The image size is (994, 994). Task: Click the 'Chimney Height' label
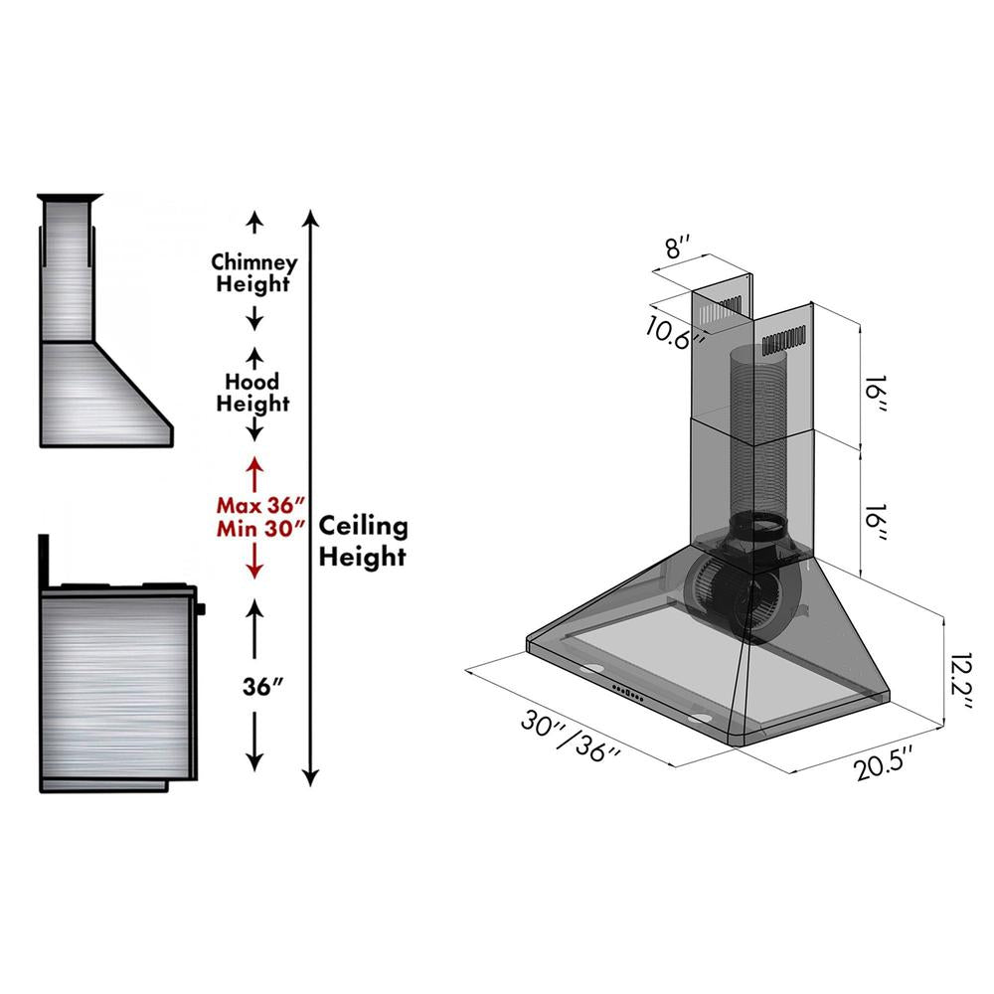coord(254,273)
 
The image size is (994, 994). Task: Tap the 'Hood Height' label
coord(253,393)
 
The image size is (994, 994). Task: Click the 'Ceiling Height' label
coord(362,541)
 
